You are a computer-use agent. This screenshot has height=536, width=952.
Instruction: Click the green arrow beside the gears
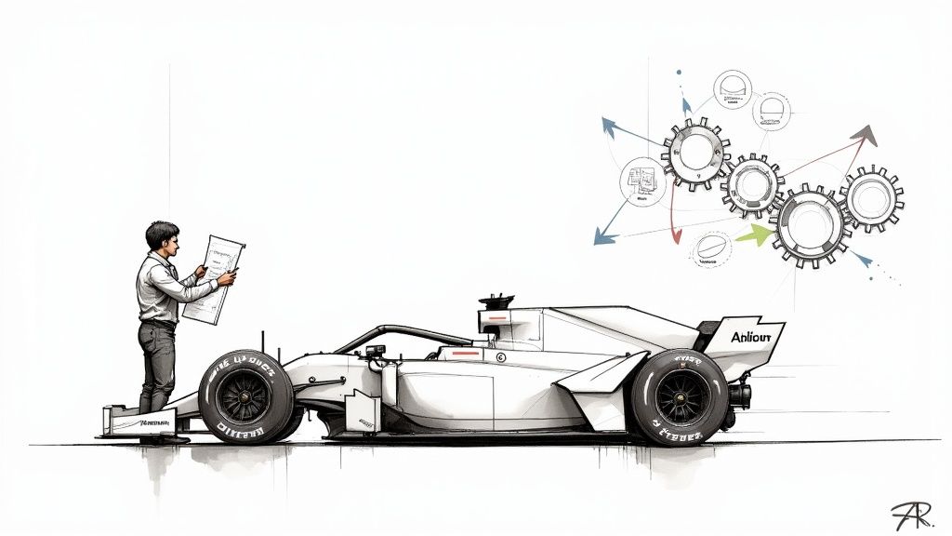click(x=756, y=235)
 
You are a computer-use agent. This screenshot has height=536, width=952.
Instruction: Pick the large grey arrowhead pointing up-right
click(x=864, y=136)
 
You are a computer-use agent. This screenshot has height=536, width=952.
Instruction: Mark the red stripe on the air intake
click(x=498, y=317)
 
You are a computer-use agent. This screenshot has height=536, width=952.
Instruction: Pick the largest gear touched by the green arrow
click(x=811, y=224)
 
